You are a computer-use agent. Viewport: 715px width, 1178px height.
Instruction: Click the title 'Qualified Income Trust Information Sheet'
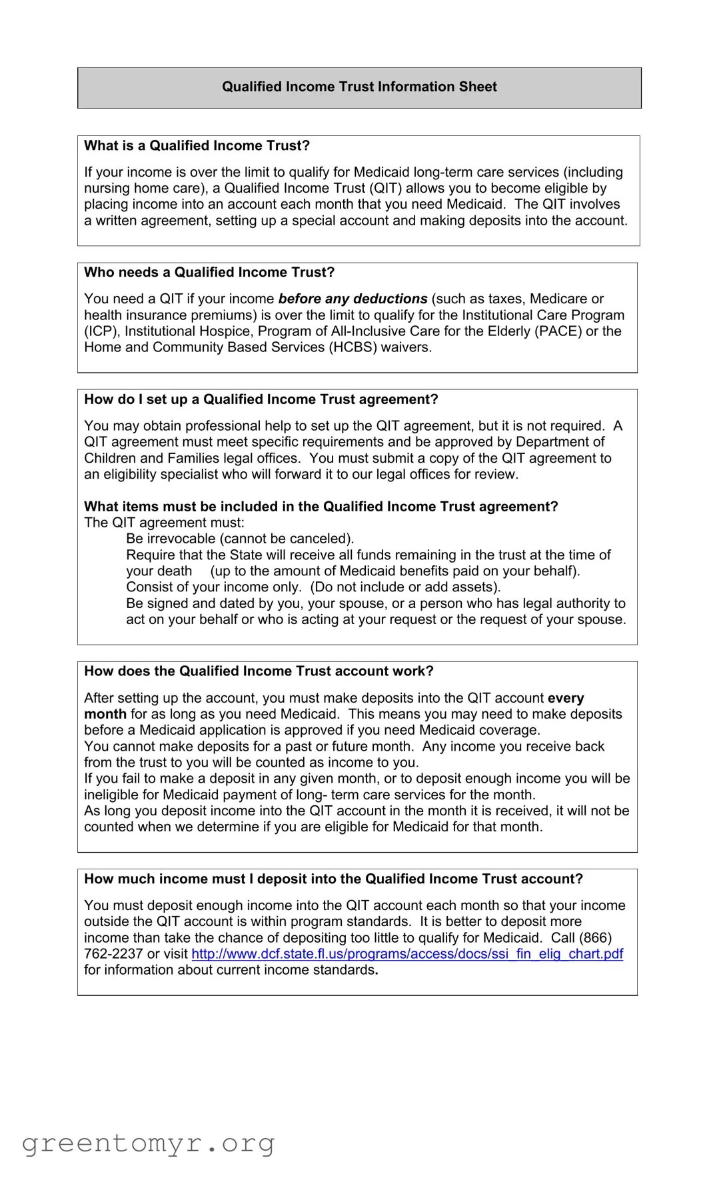pyautogui.click(x=359, y=87)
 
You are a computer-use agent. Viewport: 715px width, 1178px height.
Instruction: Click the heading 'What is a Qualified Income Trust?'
pyautogui.click(x=197, y=146)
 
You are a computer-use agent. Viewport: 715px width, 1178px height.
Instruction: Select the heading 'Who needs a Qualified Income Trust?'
pyautogui.click(x=209, y=273)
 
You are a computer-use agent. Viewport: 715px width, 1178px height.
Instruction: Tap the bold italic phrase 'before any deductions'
pyautogui.click(x=353, y=299)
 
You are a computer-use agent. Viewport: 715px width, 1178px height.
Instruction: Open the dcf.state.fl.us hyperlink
pyautogui.click(x=407, y=954)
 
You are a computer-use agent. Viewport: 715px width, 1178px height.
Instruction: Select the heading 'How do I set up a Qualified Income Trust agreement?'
pyautogui.click(x=261, y=399)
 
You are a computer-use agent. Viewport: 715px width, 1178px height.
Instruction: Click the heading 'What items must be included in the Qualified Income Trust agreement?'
pyautogui.click(x=321, y=507)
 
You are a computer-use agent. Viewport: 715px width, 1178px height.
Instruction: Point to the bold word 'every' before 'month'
pyautogui.click(x=566, y=698)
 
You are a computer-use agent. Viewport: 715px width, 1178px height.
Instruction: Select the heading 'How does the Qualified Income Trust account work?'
pyautogui.click(x=259, y=671)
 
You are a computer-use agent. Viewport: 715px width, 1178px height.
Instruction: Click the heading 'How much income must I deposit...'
pyautogui.click(x=333, y=879)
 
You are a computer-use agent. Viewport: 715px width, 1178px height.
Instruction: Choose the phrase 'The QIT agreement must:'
pyautogui.click(x=164, y=523)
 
